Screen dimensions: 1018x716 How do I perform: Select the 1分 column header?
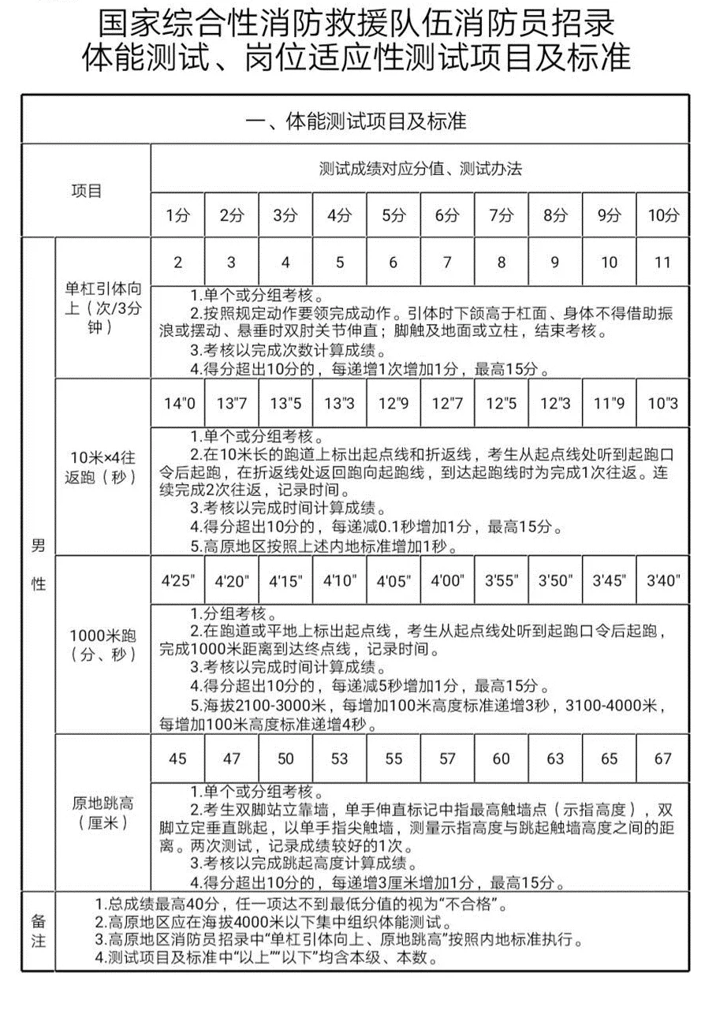click(177, 214)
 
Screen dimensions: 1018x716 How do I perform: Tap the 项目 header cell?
click(87, 191)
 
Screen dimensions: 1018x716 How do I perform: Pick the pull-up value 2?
click(177, 263)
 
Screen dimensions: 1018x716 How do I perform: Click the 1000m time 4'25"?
click(177, 581)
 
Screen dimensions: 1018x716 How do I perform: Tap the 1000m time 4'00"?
click(447, 581)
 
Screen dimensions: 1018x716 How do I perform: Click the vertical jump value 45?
click(177, 759)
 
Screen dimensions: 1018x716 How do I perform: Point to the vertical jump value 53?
click(339, 759)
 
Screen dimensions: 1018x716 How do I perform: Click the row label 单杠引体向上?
click(102, 308)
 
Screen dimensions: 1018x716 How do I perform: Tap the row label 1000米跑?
click(102, 644)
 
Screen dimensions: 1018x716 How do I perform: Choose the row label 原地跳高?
click(102, 813)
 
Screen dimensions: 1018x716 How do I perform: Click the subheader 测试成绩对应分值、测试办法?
click(420, 169)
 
